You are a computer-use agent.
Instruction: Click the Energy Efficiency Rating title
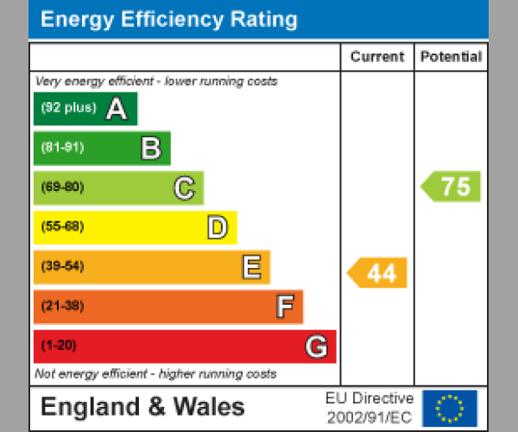click(169, 20)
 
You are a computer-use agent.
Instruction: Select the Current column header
click(376, 57)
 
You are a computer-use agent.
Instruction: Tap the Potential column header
click(451, 57)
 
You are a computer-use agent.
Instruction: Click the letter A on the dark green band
click(116, 109)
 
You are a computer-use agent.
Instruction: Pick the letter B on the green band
click(151, 149)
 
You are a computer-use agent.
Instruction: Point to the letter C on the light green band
click(184, 187)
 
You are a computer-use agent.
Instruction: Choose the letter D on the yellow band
click(218, 228)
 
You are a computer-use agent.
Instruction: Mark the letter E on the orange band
click(251, 268)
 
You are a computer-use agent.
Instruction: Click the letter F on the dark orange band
click(284, 307)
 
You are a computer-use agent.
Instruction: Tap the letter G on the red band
click(317, 346)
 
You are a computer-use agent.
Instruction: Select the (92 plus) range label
click(68, 109)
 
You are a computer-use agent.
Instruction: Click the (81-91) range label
click(62, 148)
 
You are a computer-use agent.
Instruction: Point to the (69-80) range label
click(62, 187)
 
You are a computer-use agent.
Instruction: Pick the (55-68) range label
click(62, 227)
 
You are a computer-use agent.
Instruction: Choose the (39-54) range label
click(62, 267)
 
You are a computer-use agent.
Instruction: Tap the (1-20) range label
click(59, 346)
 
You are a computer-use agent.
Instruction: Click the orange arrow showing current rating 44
click(378, 273)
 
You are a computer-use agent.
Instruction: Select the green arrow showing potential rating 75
click(452, 187)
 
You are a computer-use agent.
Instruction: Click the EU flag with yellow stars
click(449, 408)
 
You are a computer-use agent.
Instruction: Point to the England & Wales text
click(142, 407)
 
